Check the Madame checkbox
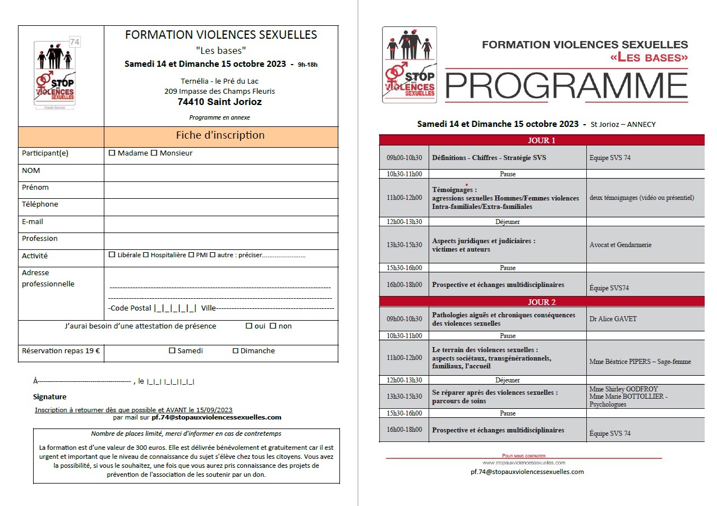point(112,153)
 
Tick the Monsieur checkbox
point(154,153)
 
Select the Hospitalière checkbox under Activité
point(146,255)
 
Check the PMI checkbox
point(191,255)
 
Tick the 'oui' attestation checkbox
point(249,326)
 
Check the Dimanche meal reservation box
point(236,351)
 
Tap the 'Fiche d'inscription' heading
point(220,135)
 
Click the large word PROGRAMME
point(566,85)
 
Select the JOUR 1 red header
point(541,140)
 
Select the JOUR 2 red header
point(541,302)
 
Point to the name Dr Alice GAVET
point(613,319)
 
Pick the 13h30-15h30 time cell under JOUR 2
point(404,396)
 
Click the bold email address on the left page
point(217,417)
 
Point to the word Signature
point(50,397)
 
